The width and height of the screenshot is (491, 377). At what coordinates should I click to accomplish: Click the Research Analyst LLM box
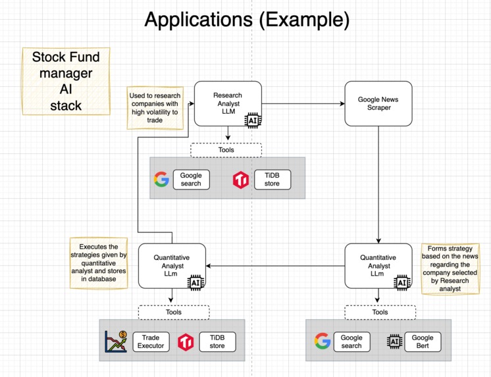tap(228, 104)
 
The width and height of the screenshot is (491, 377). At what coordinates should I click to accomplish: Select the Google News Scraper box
tap(378, 103)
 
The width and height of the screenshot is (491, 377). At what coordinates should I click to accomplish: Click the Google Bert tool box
tap(423, 341)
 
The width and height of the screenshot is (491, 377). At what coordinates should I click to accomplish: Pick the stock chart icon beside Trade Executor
tap(116, 341)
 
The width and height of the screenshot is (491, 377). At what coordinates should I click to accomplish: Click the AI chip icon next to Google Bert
tap(394, 341)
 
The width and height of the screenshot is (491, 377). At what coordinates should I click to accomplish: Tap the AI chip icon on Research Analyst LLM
tap(253, 120)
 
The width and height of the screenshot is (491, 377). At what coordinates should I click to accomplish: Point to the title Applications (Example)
tap(246, 20)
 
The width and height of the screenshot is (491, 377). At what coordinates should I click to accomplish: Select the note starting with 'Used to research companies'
tap(154, 108)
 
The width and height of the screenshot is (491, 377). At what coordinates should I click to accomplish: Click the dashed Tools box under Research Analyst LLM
tap(226, 149)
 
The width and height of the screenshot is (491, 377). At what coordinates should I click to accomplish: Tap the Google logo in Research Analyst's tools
tap(161, 179)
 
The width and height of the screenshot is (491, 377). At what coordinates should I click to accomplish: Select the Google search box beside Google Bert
tap(351, 341)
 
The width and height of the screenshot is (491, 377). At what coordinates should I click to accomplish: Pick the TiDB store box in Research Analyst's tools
tap(272, 179)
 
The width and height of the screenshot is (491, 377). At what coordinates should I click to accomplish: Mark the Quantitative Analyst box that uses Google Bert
tap(378, 266)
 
